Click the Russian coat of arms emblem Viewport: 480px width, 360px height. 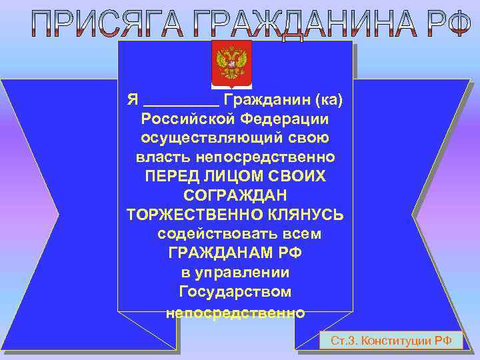pos(231,65)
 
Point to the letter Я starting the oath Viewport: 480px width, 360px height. pos(133,100)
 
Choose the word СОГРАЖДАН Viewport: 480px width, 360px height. pos(235,196)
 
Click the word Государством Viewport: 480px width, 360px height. pos(235,293)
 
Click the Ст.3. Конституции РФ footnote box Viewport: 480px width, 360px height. pos(391,341)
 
